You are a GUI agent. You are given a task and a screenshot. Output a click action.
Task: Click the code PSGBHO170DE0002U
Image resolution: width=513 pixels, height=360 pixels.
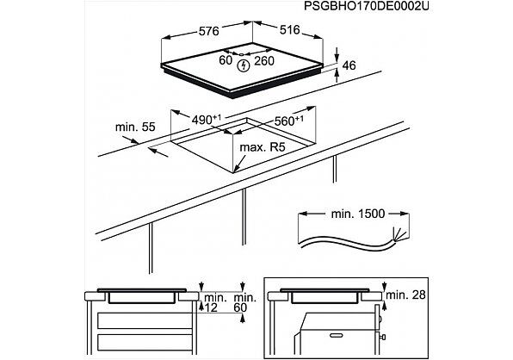367,6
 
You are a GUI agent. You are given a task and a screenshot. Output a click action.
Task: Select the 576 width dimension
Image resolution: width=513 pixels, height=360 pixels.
209,31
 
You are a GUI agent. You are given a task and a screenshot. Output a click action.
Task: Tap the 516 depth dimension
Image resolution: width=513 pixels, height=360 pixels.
289,30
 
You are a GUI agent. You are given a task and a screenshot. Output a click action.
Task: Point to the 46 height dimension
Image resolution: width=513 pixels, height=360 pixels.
349,65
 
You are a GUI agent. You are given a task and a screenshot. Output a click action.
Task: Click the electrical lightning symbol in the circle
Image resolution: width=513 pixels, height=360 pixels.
243,66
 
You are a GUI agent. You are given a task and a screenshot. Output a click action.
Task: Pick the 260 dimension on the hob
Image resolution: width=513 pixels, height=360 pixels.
264,61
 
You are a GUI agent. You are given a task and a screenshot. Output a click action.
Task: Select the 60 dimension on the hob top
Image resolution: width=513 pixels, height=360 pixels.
226,60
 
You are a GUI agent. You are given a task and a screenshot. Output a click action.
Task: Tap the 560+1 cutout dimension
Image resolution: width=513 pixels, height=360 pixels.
289,121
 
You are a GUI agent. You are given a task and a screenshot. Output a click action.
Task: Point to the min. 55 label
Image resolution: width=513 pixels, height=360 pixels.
135,127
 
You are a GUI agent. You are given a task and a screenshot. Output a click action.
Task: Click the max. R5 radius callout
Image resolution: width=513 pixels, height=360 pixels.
263,147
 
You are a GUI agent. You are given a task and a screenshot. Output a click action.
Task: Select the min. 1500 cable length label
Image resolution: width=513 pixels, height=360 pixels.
358,214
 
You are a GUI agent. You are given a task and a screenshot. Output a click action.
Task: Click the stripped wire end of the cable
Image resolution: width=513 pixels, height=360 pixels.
399,233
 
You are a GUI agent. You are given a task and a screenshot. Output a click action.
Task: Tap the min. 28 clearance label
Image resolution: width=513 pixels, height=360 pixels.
405,295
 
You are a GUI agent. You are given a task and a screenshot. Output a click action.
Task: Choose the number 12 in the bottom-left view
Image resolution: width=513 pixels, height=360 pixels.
211,307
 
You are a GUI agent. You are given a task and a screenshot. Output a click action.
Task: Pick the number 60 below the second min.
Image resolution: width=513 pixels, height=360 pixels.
240,307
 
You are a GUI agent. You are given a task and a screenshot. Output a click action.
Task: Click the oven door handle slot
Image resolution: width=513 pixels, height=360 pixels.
337,335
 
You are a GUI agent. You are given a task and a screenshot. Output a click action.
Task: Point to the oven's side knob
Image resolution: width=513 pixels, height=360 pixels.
381,337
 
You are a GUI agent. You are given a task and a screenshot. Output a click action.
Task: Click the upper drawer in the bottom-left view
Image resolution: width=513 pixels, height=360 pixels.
145,320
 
